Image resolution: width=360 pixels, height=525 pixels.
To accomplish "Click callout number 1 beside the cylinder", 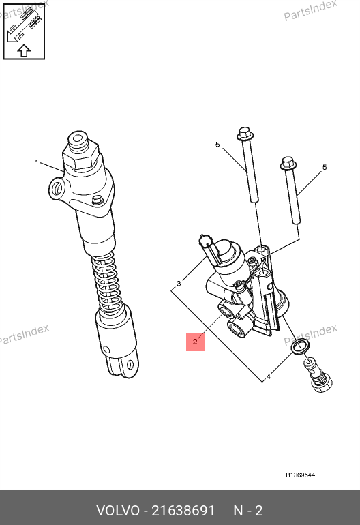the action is (37, 162).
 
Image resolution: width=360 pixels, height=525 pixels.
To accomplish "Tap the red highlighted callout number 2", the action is (195, 342).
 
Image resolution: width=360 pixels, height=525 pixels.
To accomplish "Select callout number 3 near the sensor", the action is (179, 284).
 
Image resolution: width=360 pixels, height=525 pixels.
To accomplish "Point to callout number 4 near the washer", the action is (268, 378).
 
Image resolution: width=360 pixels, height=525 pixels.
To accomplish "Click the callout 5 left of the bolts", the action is (217, 145).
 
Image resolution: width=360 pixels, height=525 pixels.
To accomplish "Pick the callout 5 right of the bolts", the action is (325, 167).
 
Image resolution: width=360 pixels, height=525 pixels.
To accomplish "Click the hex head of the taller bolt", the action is (245, 133).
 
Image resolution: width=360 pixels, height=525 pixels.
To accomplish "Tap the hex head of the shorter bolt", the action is (288, 164).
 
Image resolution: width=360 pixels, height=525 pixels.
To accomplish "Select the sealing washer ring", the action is (300, 346).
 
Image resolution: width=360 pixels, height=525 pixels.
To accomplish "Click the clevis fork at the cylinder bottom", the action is (122, 363).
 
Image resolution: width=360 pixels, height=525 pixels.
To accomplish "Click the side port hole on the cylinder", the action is (57, 189).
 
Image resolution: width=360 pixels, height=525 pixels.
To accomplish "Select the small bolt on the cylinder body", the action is (97, 200).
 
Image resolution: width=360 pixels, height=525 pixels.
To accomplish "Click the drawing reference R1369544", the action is (300, 475).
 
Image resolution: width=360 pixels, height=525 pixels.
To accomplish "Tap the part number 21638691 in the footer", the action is (183, 511).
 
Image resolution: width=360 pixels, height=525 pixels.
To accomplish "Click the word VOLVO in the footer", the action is (118, 511).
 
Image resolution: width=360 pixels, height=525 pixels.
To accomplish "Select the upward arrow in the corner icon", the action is (24, 50).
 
